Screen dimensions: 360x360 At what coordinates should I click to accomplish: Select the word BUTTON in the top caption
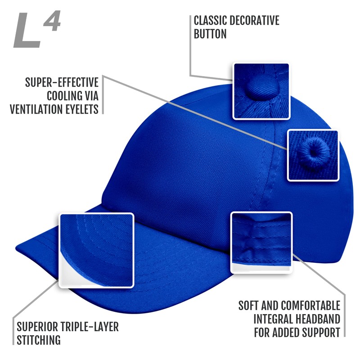click(x=210, y=34)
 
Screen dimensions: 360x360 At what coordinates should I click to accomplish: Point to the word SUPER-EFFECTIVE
click(x=62, y=83)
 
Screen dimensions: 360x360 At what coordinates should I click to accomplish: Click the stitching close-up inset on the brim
click(x=97, y=250)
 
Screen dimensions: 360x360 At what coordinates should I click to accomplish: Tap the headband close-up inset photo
click(x=261, y=243)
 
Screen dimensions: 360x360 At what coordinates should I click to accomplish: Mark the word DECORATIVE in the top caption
click(x=256, y=21)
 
